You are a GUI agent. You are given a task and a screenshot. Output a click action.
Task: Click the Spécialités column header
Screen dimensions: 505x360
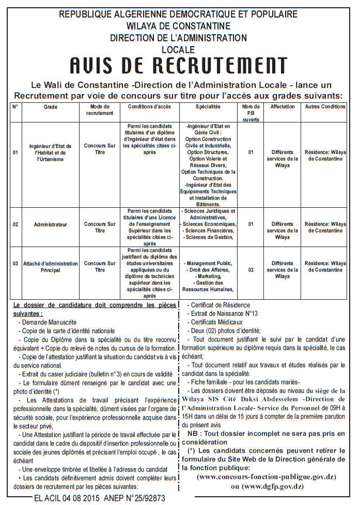208,107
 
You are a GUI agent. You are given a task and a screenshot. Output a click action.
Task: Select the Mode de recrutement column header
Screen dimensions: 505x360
100,110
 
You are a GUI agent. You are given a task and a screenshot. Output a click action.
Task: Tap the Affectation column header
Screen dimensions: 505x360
283,107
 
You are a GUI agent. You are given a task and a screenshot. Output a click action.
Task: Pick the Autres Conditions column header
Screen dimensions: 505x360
325,107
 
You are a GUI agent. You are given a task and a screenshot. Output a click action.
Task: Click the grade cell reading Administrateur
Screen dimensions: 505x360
51,225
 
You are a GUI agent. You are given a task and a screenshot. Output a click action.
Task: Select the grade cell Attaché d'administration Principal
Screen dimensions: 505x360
51,267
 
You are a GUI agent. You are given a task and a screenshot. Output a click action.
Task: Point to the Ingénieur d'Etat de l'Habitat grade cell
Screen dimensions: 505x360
51,152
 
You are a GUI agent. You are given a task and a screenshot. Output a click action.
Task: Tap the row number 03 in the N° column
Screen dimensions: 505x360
15,264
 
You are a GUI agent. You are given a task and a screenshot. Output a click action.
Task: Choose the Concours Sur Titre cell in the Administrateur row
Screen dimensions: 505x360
100,227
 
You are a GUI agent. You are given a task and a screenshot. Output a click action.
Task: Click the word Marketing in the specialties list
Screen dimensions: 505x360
209,277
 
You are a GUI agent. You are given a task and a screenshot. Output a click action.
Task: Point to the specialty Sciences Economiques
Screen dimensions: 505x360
209,224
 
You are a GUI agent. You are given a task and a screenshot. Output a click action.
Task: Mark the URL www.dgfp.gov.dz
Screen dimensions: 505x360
267,486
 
